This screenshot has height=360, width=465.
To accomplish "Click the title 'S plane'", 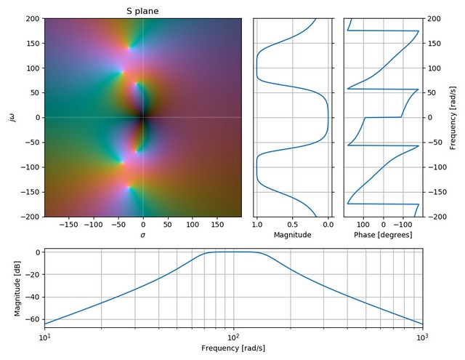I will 142,11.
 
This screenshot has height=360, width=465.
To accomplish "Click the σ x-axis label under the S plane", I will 142,235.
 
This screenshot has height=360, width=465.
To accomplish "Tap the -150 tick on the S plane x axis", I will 69,225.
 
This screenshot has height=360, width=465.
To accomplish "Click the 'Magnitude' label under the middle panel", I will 292,235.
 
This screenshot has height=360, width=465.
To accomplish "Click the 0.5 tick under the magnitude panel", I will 292,225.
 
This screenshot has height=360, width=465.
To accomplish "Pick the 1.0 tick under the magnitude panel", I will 257,225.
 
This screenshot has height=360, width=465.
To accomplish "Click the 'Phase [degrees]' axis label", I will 383,235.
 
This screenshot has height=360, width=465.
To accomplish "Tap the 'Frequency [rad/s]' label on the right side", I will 452,118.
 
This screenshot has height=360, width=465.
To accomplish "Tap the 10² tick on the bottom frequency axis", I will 233,339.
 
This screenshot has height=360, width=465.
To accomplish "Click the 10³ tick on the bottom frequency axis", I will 421,339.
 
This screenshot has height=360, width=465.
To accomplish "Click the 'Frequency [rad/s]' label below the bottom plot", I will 233,348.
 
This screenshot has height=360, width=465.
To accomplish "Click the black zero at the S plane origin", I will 142,118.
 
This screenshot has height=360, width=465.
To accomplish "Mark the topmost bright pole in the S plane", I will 129,48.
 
